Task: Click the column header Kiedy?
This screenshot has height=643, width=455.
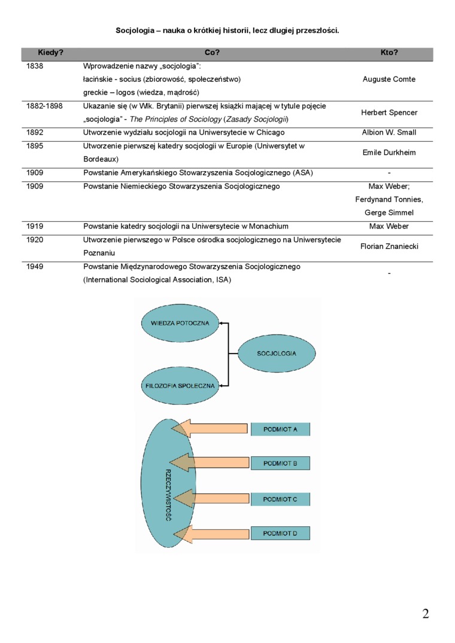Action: [51, 53]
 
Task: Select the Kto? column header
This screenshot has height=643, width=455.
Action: [389, 53]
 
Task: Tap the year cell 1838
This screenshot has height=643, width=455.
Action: [35, 66]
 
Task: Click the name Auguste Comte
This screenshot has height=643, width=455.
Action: [389, 79]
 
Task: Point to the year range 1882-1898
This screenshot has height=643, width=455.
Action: [45, 106]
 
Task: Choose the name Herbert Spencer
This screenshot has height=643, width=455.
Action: [389, 112]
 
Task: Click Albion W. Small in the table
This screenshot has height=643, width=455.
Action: [389, 132]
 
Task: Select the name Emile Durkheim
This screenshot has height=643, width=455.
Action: [389, 153]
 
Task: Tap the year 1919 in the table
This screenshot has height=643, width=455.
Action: [35, 226]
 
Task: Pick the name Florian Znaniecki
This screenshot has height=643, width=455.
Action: [389, 246]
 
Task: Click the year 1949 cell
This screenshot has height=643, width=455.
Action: [35, 266]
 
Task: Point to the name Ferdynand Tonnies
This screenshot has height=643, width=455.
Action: [389, 199]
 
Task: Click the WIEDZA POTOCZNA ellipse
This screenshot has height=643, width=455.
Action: [180, 323]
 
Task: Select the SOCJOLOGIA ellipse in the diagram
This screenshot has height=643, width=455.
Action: [277, 354]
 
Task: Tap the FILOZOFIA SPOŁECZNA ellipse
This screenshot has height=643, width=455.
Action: [180, 386]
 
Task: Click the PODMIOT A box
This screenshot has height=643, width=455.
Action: [280, 429]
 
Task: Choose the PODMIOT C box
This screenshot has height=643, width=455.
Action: [280, 499]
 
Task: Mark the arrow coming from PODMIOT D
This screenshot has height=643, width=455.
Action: [210, 533]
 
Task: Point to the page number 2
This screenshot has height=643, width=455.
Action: [426, 614]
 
